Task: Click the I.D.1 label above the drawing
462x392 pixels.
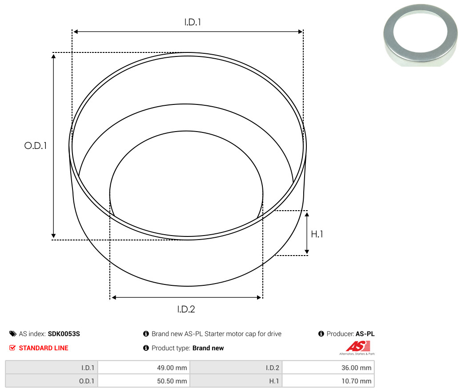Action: tap(193, 22)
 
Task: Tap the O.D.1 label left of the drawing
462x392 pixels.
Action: tap(36, 145)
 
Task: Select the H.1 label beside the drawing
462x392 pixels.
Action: tap(317, 234)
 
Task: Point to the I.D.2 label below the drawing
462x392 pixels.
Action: tap(186, 309)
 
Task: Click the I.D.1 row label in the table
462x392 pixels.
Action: tap(88, 368)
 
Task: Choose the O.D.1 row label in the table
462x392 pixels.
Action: tap(87, 381)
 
